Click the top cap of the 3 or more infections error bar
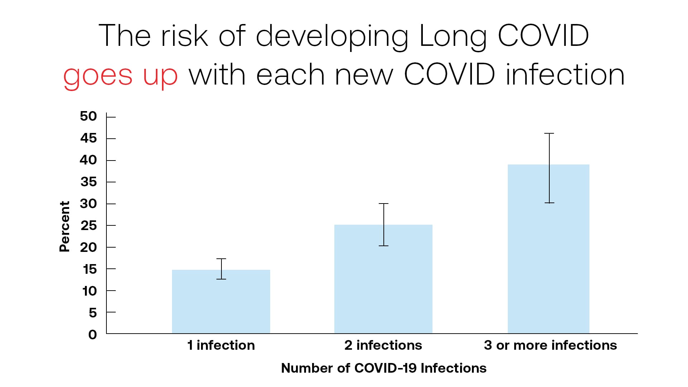(x=549, y=133)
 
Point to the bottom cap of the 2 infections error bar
(x=383, y=246)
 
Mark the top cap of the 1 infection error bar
(x=221, y=259)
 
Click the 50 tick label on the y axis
(x=89, y=116)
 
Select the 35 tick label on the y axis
(x=89, y=182)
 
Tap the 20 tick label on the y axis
(x=89, y=247)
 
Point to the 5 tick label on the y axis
(x=93, y=313)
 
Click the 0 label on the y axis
(x=93, y=335)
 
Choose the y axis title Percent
(x=64, y=226)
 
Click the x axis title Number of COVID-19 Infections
(x=383, y=368)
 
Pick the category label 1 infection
(x=221, y=345)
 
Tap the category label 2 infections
(x=383, y=345)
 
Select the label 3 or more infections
(x=550, y=345)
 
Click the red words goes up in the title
(x=120, y=76)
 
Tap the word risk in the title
(x=184, y=36)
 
